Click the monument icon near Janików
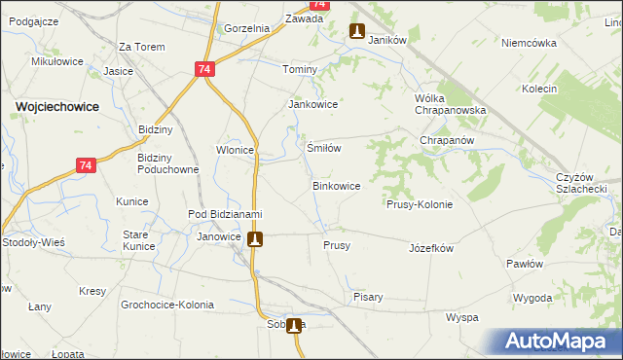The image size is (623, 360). [x=357, y=31]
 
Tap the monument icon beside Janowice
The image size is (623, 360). [x=255, y=238]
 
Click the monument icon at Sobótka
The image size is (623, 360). [x=293, y=327]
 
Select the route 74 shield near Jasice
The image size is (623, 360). [x=203, y=70]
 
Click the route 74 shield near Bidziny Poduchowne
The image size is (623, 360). [x=87, y=166]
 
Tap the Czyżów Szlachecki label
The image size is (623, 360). [x=582, y=182]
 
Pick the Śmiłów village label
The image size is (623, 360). [x=323, y=148]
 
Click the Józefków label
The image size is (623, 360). [x=431, y=248]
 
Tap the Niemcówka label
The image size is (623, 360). [x=529, y=43]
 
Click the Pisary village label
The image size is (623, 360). [x=368, y=297]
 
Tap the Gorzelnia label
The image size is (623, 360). [x=246, y=28]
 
